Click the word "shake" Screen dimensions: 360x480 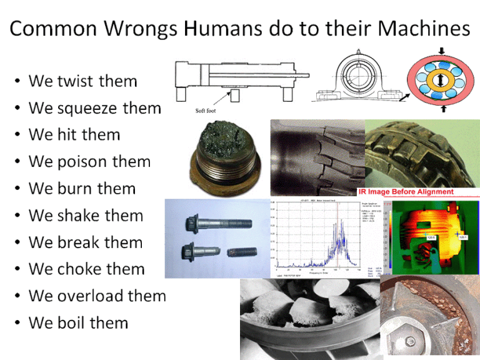click(79, 216)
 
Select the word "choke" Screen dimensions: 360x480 click(79, 269)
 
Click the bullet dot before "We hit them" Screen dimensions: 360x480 click(17, 136)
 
